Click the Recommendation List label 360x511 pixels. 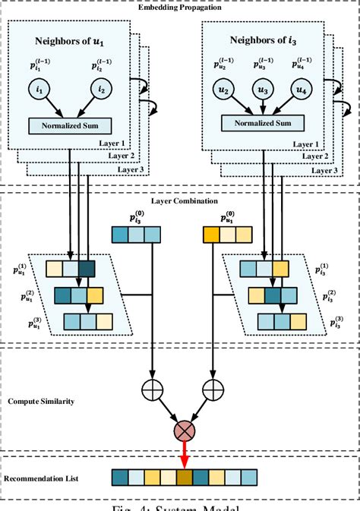click(x=43, y=478)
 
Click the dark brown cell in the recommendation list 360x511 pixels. click(x=185, y=477)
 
